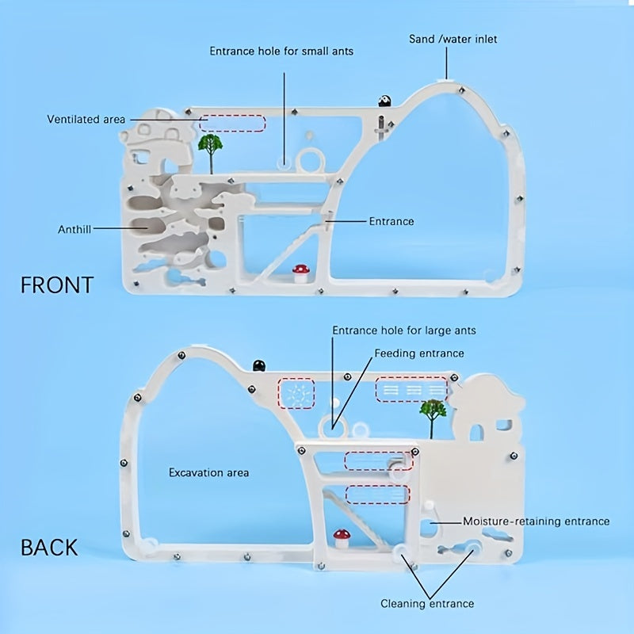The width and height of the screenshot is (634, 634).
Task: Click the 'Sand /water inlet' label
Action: point(453,38)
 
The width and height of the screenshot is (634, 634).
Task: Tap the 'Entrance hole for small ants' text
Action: point(281,51)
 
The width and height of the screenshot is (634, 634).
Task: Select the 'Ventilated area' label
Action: point(86,120)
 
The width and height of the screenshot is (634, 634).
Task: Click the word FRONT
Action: point(57,285)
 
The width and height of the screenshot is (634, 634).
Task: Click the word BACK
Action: point(49,547)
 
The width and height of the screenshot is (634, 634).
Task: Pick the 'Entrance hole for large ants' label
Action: point(404,330)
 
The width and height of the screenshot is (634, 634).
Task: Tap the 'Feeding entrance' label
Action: point(419,353)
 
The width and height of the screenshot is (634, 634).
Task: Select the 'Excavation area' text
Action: point(208,472)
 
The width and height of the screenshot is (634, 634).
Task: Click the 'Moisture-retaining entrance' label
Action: point(536,521)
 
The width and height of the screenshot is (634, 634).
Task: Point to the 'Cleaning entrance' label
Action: point(427,604)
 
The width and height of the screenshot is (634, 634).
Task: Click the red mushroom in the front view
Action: point(300,273)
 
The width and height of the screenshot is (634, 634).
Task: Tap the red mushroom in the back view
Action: point(342,537)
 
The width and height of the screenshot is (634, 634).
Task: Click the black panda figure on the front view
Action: point(385,101)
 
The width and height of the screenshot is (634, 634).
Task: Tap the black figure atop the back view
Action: point(258,365)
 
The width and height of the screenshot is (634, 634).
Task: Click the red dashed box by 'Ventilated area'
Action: point(232,123)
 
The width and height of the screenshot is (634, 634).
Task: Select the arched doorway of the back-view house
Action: point(478,432)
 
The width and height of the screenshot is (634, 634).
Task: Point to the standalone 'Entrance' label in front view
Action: point(391,221)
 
